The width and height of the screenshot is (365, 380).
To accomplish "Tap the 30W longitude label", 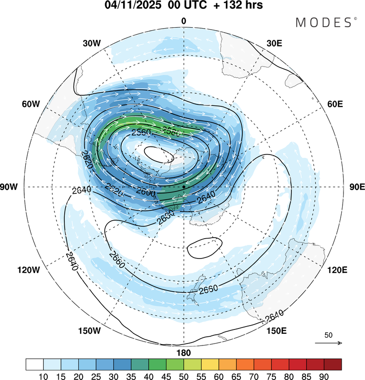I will point(91,43).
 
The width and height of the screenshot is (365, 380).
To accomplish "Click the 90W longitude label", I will point(11,187).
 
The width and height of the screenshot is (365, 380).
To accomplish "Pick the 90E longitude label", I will point(357,187).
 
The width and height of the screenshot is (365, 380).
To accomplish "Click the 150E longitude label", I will point(275,331).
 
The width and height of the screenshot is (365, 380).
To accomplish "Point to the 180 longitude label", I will point(183,353).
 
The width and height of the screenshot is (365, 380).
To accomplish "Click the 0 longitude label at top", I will point(183,21).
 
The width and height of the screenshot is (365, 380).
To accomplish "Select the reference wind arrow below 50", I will point(328,343).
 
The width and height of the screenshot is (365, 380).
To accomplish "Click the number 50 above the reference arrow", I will point(328,335).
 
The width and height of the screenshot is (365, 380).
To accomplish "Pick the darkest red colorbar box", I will point(332,364).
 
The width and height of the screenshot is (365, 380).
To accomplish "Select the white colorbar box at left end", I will point(35,364).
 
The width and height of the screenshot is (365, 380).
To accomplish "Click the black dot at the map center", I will point(184,187).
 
